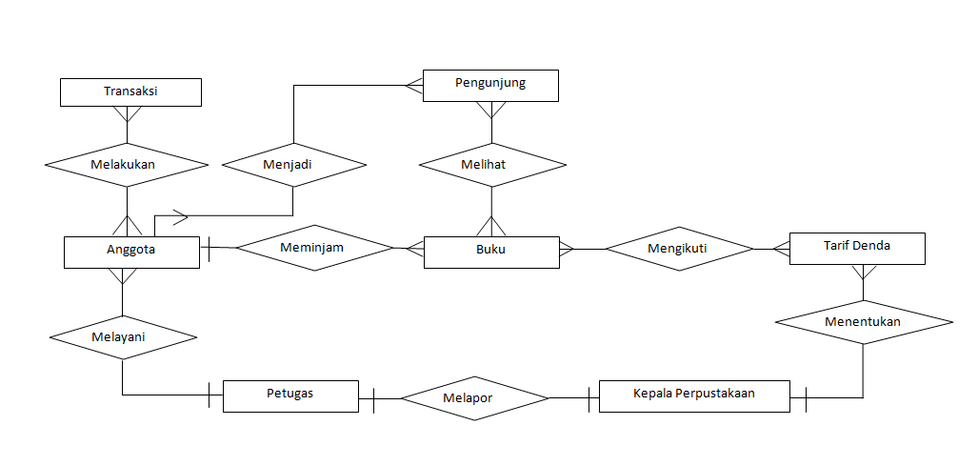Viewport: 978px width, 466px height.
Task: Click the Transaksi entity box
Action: (x=130, y=91)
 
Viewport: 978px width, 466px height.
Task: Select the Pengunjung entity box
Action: (x=490, y=85)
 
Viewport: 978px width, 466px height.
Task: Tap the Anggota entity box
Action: (x=131, y=252)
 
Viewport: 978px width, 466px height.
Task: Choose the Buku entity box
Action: (x=491, y=252)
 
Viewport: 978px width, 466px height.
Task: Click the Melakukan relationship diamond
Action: (x=127, y=164)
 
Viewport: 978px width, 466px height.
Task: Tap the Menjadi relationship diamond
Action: (x=293, y=165)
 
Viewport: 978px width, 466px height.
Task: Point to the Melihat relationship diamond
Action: (x=491, y=165)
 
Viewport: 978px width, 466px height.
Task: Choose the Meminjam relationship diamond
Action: (x=315, y=249)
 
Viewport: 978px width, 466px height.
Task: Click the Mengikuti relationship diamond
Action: (x=678, y=249)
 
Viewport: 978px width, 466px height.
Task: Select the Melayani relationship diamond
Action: (x=123, y=336)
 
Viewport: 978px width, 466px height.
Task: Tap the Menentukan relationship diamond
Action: (x=864, y=322)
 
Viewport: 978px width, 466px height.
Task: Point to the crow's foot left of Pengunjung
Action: (x=413, y=85)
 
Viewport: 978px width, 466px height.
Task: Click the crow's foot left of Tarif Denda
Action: (x=781, y=249)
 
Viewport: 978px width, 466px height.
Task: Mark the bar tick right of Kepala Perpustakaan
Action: (x=806, y=398)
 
